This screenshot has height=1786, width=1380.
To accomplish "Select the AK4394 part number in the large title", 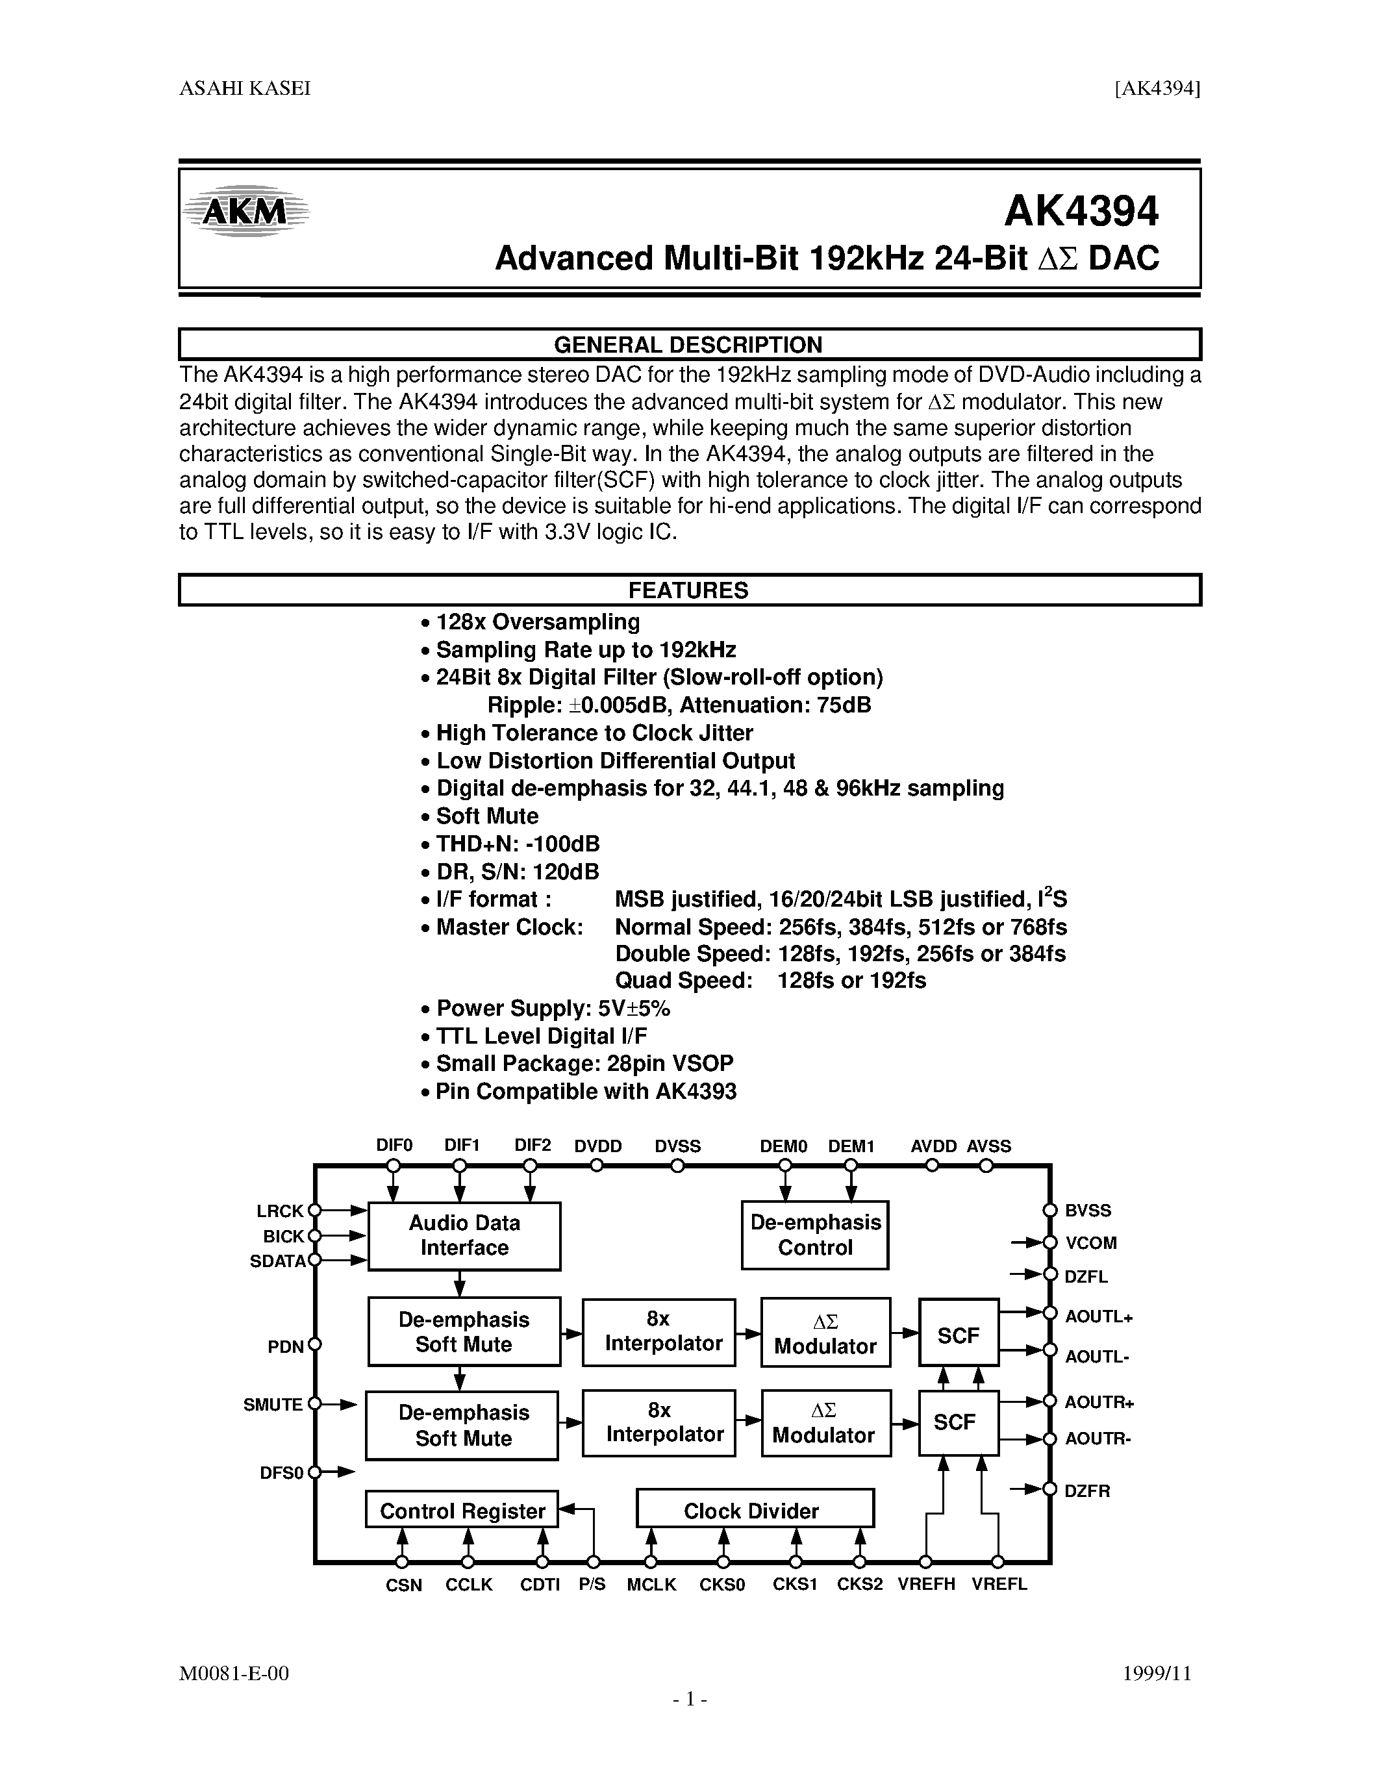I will pos(1081,212).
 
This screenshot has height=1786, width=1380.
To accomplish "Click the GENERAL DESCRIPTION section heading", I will pos(688,345).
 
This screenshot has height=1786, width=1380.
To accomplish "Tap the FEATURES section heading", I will pos(688,590).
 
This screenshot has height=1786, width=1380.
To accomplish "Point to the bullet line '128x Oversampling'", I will pos(537,622).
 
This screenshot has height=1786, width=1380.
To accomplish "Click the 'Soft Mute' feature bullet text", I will pos(486,816).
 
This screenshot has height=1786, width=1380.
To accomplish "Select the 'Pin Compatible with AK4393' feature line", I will pos(585,1092).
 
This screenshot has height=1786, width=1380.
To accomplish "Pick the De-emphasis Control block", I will pos(815,1235).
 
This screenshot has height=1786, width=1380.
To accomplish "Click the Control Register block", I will pos(462,1511).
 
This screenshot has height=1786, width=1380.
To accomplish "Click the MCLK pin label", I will pos(651,1585).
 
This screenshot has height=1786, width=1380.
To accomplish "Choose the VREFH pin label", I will pos(926,1584).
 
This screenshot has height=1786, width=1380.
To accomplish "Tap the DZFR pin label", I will pos(1087,1490).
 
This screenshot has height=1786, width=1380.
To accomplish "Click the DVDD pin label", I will pos(597,1146).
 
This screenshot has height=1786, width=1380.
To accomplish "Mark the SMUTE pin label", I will pos(273,1405).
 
